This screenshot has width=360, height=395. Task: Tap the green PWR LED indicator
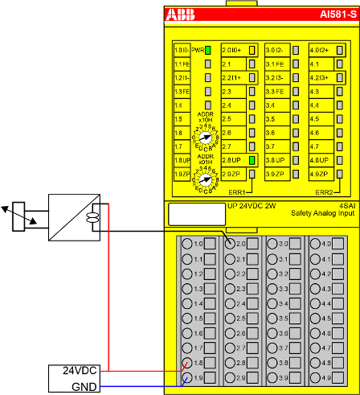[207, 51]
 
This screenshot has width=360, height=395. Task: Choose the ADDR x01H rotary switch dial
[204, 181]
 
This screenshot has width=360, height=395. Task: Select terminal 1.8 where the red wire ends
[190, 363]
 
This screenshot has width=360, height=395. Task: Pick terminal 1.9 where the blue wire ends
[190, 377]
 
